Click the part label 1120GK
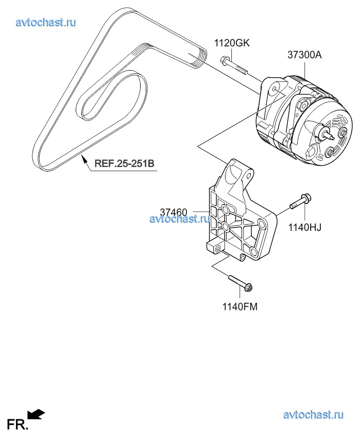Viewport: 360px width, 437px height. pos(232,43)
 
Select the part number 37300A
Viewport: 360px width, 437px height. pos(304,55)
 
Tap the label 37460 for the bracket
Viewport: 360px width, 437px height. pos(174,213)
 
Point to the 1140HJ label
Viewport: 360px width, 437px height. pos(304,227)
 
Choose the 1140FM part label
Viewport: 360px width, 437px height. pos(240,307)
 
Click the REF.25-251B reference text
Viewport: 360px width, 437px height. pos(124,163)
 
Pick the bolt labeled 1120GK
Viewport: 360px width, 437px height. pos(234,66)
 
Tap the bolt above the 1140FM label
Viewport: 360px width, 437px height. pos(241,283)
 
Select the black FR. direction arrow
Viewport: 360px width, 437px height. pos(37,414)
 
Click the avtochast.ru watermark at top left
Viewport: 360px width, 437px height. pos(46,22)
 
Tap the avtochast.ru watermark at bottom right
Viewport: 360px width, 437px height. pos(313,415)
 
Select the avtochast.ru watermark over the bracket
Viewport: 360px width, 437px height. pos(180,219)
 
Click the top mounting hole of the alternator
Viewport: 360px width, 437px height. pos(275,90)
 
